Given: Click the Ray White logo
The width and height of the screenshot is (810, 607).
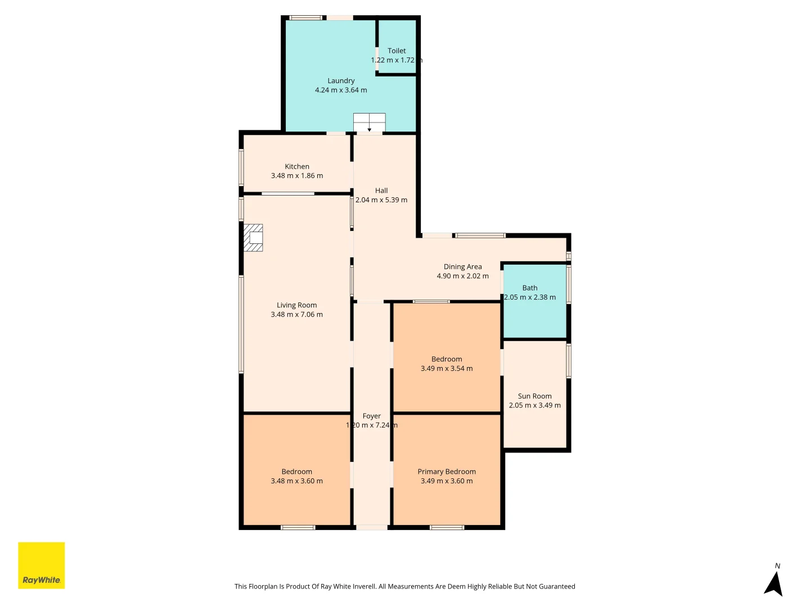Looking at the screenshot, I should [x=42, y=565].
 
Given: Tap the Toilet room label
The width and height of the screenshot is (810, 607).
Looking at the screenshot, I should [x=397, y=51].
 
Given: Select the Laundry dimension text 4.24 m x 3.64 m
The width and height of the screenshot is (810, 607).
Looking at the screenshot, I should [x=341, y=90].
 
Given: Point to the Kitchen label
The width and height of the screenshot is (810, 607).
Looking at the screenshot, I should [x=297, y=166].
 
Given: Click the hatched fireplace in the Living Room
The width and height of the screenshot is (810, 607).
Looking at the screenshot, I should [x=253, y=238].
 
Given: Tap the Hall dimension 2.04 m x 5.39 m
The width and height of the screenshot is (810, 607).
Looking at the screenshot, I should [x=381, y=200].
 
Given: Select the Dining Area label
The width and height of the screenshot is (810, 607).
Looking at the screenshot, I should [x=462, y=266].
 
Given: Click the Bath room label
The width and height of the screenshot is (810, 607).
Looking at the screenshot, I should [x=530, y=288].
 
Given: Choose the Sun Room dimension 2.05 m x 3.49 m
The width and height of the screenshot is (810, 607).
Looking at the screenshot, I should [x=534, y=405].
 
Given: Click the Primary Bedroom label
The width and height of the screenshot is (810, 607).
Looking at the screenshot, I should [x=447, y=472].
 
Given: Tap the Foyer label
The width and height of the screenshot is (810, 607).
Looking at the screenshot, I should [x=372, y=416].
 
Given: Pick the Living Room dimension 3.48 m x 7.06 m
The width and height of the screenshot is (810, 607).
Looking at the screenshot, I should [x=296, y=315].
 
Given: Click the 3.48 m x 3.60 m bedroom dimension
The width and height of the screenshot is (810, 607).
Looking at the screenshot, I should [x=296, y=481].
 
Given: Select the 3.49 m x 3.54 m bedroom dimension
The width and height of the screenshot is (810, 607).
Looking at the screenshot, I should [x=447, y=369].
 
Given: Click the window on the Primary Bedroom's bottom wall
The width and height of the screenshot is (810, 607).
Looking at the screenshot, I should [x=447, y=527].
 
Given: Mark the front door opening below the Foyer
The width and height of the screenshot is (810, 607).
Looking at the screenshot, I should [x=372, y=527].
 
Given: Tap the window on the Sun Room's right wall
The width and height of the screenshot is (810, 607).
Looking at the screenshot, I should [x=569, y=361].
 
